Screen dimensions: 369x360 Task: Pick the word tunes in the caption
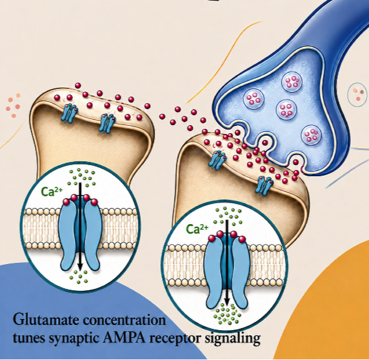coord(29,339)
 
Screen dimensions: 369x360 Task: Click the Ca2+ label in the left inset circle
coord(52,191)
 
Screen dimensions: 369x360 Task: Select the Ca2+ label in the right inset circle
coord(197,229)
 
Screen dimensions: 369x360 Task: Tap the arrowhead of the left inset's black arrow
coord(80,267)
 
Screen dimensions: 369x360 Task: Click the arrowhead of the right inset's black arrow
coord(227,301)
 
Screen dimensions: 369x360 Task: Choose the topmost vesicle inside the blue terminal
coord(292,82)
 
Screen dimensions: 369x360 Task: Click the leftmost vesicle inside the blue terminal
coord(254,99)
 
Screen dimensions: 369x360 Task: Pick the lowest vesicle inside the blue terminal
coord(311,135)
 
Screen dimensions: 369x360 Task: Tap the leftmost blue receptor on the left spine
coord(69,113)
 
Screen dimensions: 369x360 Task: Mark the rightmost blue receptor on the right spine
coord(264,186)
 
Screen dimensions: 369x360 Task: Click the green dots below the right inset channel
coord(228,314)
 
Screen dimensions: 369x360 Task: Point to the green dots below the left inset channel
coord(79,277)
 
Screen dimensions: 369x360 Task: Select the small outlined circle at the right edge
coord(358,95)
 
